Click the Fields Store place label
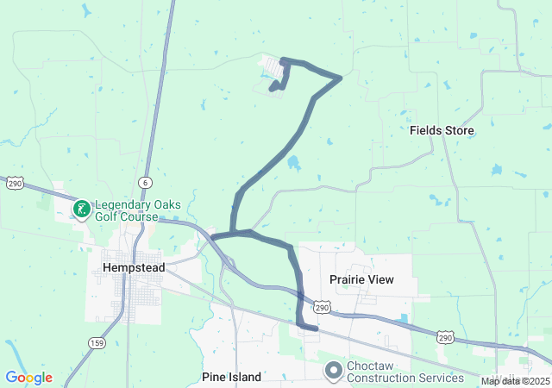click(442, 130)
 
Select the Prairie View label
click(361, 279)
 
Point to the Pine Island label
click(231, 377)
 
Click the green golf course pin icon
click(82, 209)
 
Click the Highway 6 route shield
click(145, 183)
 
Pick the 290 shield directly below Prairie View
click(322, 307)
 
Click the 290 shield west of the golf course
click(15, 184)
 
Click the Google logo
click(28, 378)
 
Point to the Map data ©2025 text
click(515, 381)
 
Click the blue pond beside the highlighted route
click(293, 162)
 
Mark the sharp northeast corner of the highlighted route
click(341, 78)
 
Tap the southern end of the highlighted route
click(317, 328)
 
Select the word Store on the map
click(460, 130)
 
